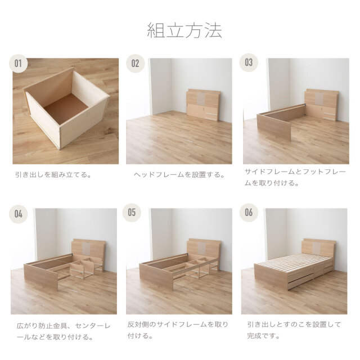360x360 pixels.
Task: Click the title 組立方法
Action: coord(184,30)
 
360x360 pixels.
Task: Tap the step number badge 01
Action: coord(18,64)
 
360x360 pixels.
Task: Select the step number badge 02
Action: coord(135,64)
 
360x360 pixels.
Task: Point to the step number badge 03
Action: coord(249,62)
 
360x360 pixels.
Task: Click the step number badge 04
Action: coord(19,214)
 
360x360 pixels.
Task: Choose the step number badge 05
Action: coord(132,213)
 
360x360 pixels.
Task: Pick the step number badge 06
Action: coord(249,213)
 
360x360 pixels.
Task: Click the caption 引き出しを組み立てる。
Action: coord(53,175)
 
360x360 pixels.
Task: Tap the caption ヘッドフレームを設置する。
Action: coord(179,175)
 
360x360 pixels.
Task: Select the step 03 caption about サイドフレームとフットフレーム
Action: coord(295,177)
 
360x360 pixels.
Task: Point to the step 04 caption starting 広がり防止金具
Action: coord(64,331)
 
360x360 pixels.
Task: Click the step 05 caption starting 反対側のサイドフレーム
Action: coord(178,330)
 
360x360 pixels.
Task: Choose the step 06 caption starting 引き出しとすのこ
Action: coord(294,330)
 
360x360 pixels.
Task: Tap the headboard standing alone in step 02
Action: coord(204,105)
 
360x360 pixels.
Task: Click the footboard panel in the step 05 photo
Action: coord(156,277)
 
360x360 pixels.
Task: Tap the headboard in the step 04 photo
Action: coord(88,249)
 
